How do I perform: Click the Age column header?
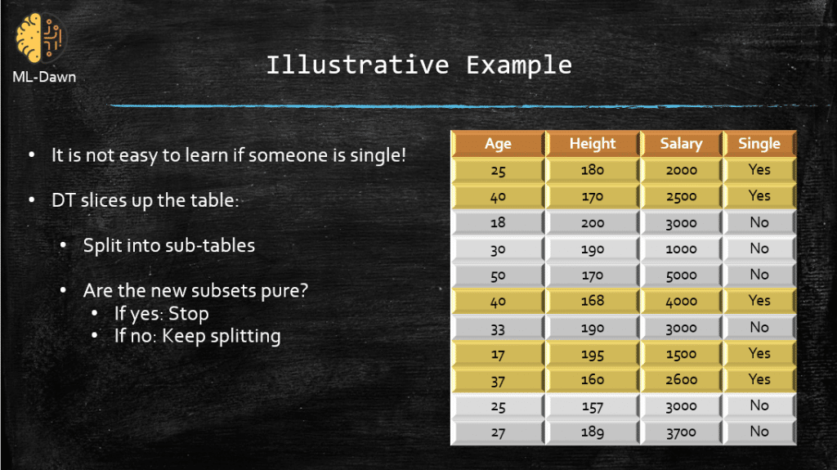[x=498, y=144]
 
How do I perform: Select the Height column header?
[x=593, y=144]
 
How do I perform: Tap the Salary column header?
[x=681, y=144]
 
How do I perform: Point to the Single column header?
[x=759, y=144]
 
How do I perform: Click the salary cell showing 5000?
[x=681, y=275]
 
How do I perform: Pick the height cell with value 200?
[x=593, y=222]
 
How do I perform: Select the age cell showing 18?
[x=498, y=222]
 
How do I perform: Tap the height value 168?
[x=593, y=302]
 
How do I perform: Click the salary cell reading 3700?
[x=681, y=432]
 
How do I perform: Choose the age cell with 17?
[x=498, y=354]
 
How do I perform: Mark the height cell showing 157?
[x=593, y=406]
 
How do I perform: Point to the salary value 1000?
[x=681, y=248]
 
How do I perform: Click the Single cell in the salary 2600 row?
[x=759, y=380]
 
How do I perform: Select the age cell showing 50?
[x=498, y=275]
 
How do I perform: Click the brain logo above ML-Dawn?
[x=39, y=38]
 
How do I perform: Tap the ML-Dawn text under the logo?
[x=44, y=77]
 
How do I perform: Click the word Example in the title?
[x=519, y=65]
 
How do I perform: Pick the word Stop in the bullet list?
[x=189, y=314]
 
